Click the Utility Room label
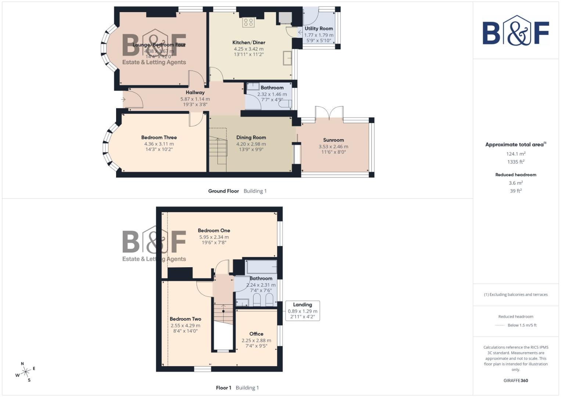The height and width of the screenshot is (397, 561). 319,28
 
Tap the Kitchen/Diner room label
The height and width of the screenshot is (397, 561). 249,42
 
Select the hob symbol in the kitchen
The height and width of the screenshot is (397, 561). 248,22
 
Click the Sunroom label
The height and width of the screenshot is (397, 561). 333,140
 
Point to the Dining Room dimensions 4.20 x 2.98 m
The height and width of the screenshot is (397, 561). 251,144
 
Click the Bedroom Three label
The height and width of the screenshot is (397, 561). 159,137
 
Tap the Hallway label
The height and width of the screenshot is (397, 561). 195,93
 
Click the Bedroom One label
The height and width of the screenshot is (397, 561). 214,230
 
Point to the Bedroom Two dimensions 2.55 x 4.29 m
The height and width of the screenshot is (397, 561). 185,325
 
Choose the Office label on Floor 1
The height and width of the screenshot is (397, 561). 256,334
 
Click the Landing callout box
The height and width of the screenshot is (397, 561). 302,311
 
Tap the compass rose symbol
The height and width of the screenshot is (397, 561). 25,372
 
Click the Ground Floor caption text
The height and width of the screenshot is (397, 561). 223,191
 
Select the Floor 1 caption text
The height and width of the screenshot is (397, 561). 223,388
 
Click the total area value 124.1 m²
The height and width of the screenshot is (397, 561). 515,154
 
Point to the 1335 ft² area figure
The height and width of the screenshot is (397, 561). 515,162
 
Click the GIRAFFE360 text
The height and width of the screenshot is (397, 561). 515,380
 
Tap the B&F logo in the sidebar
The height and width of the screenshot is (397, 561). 515,31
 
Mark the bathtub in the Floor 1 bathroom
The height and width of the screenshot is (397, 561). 262,267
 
